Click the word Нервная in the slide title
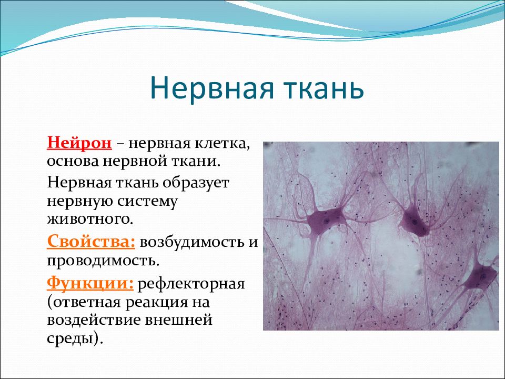[x=211, y=88]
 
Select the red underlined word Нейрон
[x=79, y=143]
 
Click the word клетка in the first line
[x=222, y=143]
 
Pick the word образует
[x=196, y=183]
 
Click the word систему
[x=147, y=202]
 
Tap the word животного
[x=90, y=220]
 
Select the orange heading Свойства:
[x=91, y=242]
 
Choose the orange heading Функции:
[x=90, y=284]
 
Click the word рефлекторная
[x=191, y=284]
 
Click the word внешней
[x=178, y=321]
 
